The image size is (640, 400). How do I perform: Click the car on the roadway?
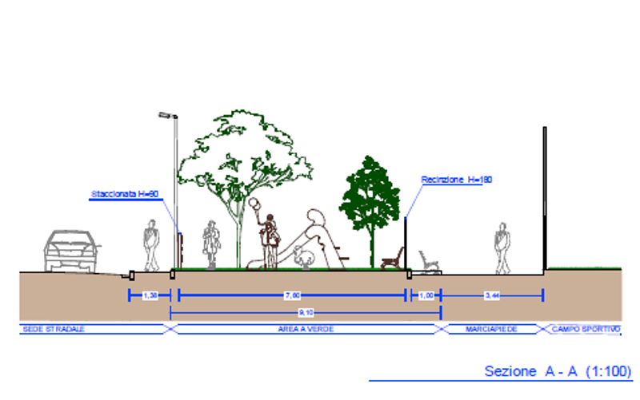[x=73, y=250]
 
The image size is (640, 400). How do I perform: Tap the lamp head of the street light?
[x=167, y=116]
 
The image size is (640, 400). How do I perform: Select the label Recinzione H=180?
[x=456, y=180]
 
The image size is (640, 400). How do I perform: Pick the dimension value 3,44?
[x=491, y=295]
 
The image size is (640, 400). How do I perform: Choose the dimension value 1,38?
[x=150, y=295]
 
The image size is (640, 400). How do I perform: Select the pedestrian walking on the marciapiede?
[x=502, y=248]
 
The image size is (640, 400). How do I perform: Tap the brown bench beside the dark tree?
[x=394, y=259]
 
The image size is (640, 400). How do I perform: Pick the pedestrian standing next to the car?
[x=150, y=246]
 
